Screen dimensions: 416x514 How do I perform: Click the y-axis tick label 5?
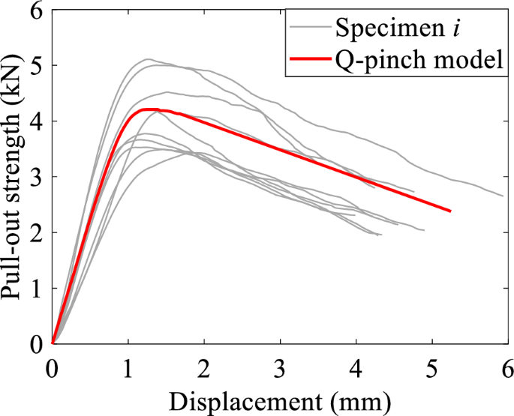click(x=36, y=66)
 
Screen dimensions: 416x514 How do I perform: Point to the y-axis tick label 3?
click(x=36, y=177)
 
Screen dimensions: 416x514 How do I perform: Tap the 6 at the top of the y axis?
click(x=36, y=11)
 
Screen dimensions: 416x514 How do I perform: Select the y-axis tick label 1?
click(x=36, y=289)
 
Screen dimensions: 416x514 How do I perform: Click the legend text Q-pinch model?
click(x=419, y=61)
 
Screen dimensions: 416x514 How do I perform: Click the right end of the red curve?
click(x=450, y=211)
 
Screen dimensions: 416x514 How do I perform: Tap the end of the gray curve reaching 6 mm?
click(x=503, y=196)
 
